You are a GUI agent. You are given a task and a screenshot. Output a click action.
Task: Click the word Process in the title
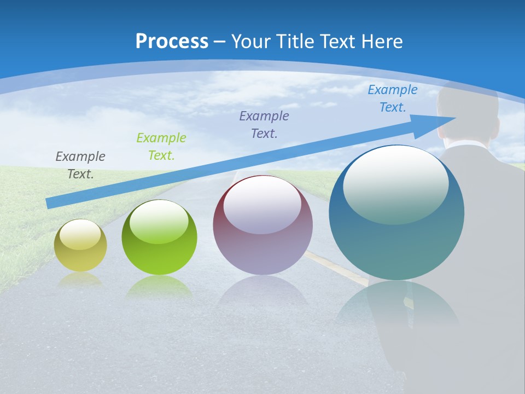172,42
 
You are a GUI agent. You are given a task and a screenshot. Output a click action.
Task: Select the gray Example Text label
80,165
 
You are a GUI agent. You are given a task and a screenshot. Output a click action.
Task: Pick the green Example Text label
161,147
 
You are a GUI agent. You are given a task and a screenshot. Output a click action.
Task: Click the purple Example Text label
264,124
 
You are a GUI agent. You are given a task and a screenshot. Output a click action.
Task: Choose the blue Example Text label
393,99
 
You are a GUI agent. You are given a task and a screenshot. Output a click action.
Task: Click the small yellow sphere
80,252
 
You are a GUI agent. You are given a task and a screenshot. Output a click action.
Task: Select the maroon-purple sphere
262,241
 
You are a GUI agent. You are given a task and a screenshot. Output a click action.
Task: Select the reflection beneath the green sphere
159,287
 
